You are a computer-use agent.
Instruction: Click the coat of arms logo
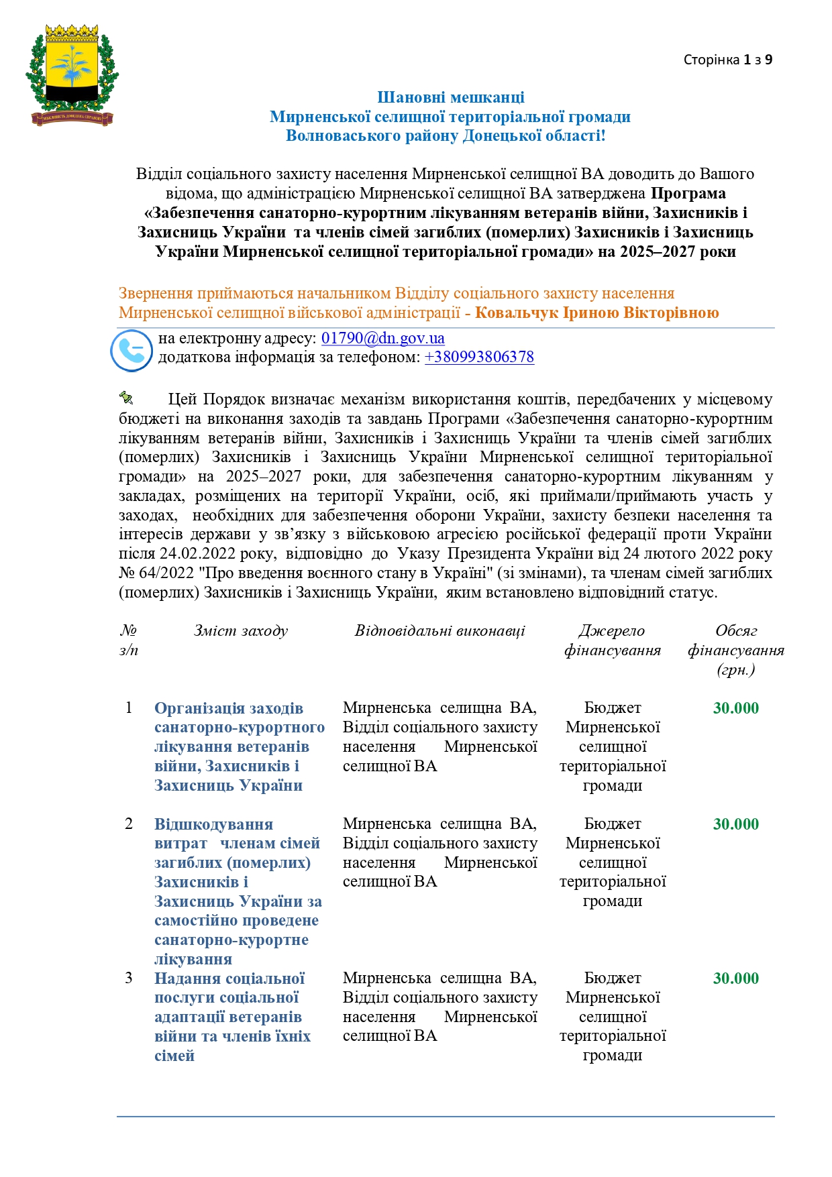coord(72,74)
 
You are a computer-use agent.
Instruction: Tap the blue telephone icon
coord(132,350)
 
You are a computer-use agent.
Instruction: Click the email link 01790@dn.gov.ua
coord(382,338)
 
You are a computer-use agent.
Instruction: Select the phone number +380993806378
coord(479,357)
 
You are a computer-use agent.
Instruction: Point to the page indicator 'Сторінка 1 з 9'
coord(727,60)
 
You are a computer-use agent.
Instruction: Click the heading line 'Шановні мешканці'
coord(450,98)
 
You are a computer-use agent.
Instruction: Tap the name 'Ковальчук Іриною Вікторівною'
coord(596,313)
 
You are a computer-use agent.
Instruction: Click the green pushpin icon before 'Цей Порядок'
coord(126,398)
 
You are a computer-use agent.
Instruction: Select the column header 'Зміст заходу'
coord(240,630)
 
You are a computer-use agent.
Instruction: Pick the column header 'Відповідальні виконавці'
coord(439,630)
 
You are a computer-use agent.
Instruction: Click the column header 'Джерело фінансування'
coord(612,640)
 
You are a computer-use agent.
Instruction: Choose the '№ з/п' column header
coord(129,640)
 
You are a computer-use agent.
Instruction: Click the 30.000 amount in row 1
coord(735,708)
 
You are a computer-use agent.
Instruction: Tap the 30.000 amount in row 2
coord(735,824)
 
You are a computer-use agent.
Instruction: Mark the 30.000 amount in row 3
coord(735,978)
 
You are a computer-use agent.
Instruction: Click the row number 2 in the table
coord(129,824)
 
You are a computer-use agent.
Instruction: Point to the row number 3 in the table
coord(129,978)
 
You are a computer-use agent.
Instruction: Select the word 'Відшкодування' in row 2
coord(213,824)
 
